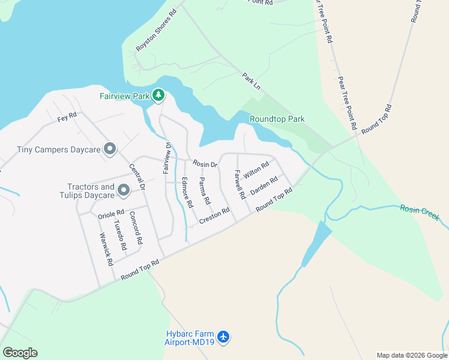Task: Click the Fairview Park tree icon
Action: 158,95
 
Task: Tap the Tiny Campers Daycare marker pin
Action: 109,149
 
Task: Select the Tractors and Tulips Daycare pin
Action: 124,191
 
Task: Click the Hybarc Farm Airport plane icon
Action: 223,337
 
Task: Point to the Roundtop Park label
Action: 277,119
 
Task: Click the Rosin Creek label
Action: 420,211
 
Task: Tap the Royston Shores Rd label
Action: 156,30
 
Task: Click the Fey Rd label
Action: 67,116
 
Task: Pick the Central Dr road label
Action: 137,178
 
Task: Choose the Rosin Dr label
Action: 204,163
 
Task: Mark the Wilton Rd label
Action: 256,169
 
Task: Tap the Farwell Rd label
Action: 240,184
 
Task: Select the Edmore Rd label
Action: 187,193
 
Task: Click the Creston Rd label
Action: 215,214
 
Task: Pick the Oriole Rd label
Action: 111,214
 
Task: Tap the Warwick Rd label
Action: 106,249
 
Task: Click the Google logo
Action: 20,352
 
